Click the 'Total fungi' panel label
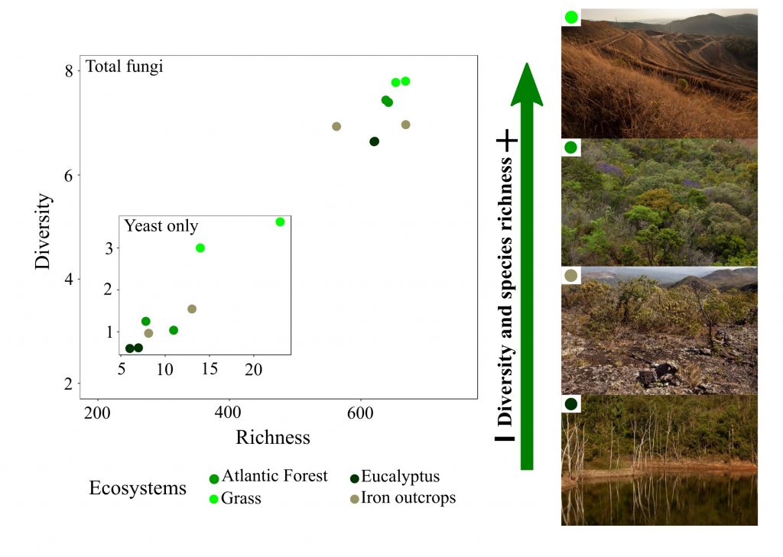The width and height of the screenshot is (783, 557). (x=124, y=66)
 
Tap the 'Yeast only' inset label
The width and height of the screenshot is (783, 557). (x=161, y=226)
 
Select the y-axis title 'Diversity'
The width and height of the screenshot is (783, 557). (x=44, y=231)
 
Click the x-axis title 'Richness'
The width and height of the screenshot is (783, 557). (x=273, y=437)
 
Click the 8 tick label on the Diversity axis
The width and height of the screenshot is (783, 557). (x=69, y=71)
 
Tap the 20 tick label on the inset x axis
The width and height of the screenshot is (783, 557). (x=253, y=368)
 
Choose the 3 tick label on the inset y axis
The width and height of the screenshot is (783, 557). (x=109, y=248)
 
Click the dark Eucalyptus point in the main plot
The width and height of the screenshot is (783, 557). (x=374, y=141)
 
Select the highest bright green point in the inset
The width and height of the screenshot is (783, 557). (x=280, y=222)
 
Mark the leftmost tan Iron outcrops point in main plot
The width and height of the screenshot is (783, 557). (x=336, y=126)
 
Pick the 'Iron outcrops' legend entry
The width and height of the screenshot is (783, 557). (x=408, y=498)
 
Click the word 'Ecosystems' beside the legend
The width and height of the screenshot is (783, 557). (x=138, y=488)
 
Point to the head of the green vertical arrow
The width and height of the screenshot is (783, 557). (x=526, y=84)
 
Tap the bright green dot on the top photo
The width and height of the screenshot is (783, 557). (x=570, y=17)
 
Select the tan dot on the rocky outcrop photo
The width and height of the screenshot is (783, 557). (x=570, y=275)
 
